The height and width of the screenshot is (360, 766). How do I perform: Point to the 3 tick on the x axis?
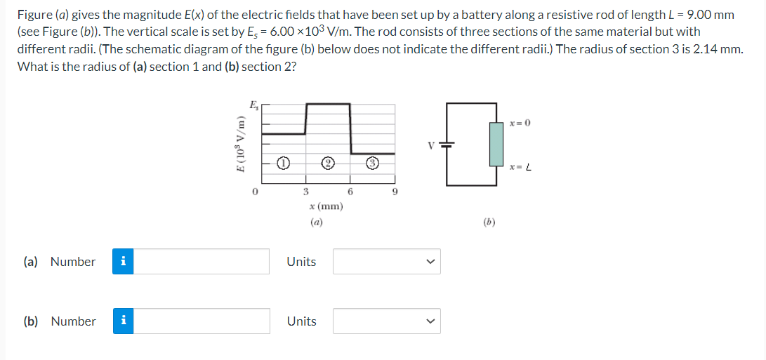tap(306, 191)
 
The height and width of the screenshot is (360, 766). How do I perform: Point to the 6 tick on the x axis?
tap(351, 191)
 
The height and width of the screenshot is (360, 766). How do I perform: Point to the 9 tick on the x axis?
tap(396, 191)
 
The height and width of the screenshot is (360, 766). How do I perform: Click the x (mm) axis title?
tap(326, 206)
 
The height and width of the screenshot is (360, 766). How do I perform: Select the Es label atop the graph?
tap(253, 106)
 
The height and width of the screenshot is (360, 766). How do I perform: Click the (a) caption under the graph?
tap(316, 222)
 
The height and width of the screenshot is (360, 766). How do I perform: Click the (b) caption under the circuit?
tap(489, 222)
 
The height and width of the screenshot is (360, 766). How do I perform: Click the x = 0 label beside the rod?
tap(520, 123)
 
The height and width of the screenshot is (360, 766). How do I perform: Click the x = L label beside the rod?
tap(520, 167)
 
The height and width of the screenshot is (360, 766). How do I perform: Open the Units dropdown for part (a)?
tap(387, 262)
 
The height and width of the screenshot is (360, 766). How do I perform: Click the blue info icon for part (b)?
tap(124, 321)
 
